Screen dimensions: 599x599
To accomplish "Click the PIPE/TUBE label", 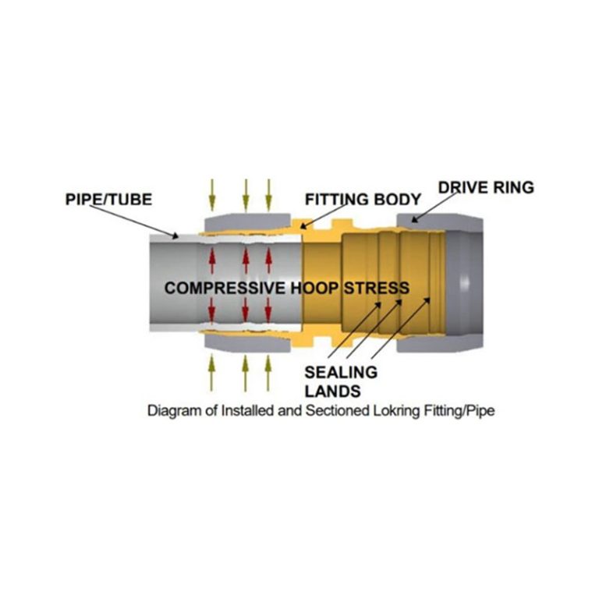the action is click(x=108, y=200).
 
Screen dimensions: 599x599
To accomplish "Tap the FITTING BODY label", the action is click(x=363, y=200).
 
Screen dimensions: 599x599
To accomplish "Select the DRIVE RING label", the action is click(x=486, y=187).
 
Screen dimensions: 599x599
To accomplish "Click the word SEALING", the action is click(x=341, y=373).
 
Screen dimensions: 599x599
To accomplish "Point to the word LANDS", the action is click(x=333, y=392).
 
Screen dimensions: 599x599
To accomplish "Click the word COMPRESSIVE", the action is click(x=225, y=288).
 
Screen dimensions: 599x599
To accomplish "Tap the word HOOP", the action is click(x=315, y=288).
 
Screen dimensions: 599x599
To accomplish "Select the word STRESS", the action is click(x=377, y=288).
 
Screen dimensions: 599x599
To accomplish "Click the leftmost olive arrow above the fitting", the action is click(x=212, y=195).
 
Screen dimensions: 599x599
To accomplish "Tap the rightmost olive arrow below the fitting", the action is click(x=268, y=373).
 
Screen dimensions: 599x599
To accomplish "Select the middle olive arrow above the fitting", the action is click(x=246, y=195).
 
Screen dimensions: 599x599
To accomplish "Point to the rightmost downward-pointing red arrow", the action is click(x=268, y=310).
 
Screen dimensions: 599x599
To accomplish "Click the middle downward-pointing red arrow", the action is click(x=245, y=310).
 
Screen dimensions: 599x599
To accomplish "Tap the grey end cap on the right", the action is click(x=464, y=282).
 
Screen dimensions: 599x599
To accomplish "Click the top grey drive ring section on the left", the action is click(x=248, y=222).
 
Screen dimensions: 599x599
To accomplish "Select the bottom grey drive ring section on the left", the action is click(x=248, y=343).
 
